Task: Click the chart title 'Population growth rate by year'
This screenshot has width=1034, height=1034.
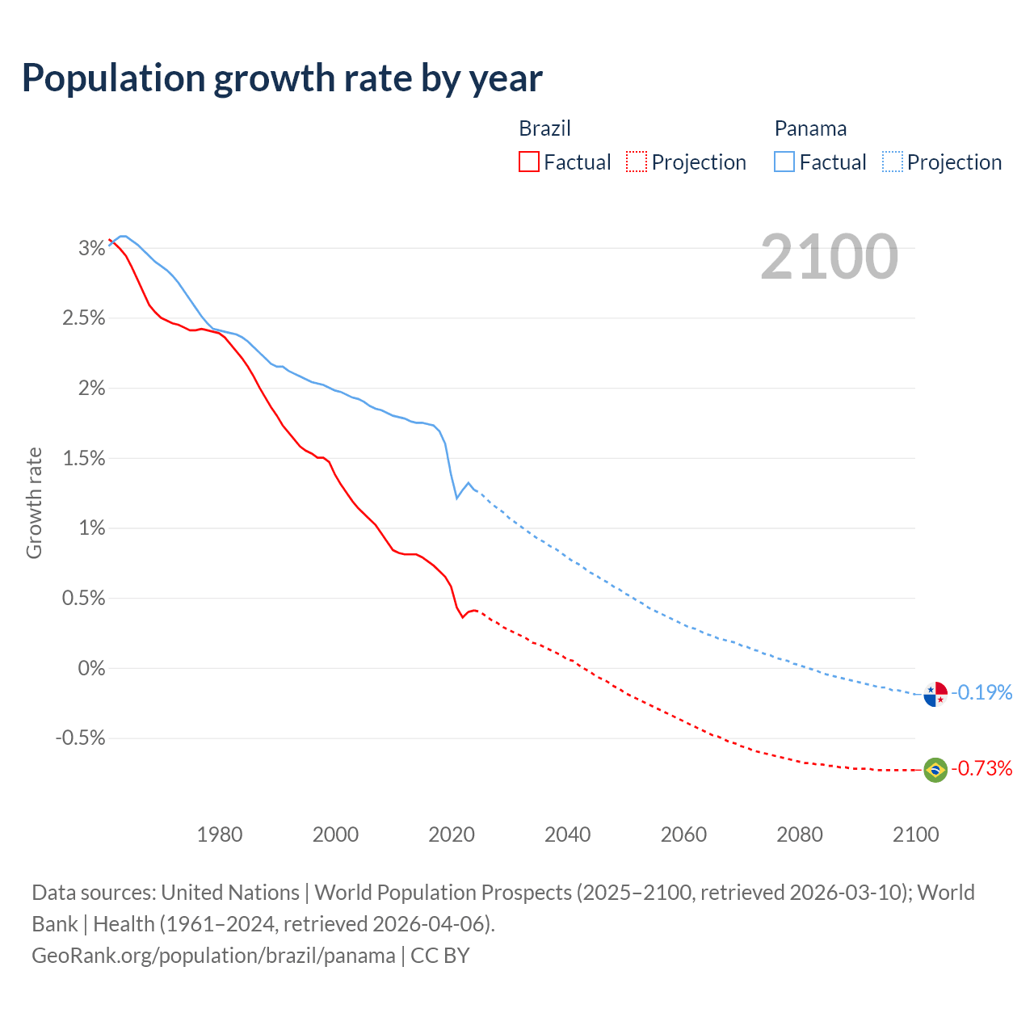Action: pos(282,78)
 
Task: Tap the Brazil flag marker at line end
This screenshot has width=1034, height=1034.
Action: pos(935,770)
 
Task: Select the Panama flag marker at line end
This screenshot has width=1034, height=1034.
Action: pos(935,694)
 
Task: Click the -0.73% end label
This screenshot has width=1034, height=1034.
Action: pos(981,768)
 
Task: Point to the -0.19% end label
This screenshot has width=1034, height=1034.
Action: pos(981,692)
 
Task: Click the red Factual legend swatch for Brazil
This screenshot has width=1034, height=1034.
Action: pos(528,162)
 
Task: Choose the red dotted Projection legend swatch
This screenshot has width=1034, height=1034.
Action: pos(637,162)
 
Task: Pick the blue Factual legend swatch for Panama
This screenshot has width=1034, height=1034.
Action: pos(784,162)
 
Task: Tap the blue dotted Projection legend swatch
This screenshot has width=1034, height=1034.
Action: pos(892,162)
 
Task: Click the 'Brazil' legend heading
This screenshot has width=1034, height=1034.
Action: pos(544,128)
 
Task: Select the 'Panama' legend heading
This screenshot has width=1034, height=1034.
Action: pos(810,128)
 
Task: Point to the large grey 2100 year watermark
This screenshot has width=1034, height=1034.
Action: pos(829,256)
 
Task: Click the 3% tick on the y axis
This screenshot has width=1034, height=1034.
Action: pos(91,248)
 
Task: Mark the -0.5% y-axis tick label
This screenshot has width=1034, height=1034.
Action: pos(81,738)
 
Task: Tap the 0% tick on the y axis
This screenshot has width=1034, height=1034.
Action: pos(91,668)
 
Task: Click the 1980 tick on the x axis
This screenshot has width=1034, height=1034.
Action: pos(220,834)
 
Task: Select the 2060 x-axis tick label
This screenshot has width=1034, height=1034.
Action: pos(683,834)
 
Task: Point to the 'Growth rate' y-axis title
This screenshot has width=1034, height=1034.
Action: pos(34,502)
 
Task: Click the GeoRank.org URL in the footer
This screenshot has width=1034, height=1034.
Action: pos(213,956)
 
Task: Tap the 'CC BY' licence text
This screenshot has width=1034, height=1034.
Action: pos(440,956)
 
